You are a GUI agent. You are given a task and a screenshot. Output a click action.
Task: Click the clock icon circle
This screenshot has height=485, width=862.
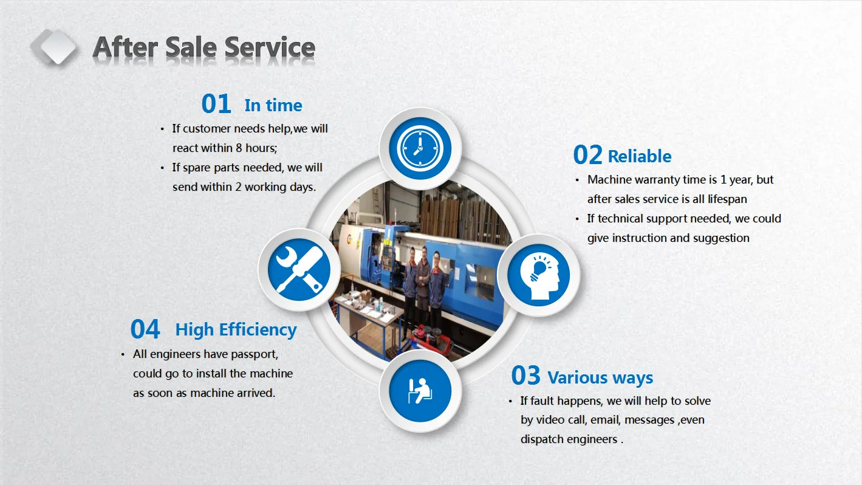coord(420,149)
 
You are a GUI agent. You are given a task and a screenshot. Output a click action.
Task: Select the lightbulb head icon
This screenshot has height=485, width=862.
coord(538,275)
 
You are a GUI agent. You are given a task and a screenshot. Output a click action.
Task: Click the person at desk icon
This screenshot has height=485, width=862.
coord(420,390)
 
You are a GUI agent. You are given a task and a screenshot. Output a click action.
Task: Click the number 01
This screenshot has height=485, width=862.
coord(216,105)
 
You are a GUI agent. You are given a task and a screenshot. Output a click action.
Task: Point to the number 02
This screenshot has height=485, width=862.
coord(587,156)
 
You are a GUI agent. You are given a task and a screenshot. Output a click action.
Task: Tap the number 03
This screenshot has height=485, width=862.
coord(525,376)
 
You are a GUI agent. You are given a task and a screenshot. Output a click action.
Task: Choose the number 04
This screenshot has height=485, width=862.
coord(145,329)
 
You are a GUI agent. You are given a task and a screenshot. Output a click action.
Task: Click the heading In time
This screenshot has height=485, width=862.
coord(273,105)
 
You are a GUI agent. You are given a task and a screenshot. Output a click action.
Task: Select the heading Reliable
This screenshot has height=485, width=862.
coord(639,156)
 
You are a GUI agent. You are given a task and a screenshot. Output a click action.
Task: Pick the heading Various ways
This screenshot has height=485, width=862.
coord(600,377)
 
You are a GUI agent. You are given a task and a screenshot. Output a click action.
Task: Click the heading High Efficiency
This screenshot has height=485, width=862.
coord(236,329)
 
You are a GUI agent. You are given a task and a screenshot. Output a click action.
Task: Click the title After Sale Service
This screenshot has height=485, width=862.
coord(204,47)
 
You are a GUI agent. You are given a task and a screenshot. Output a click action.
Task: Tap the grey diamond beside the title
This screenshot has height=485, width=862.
coord(54,47)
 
